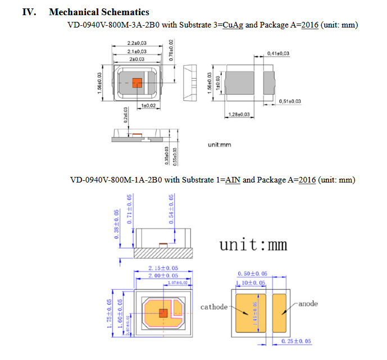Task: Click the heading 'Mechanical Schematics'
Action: pyautogui.click(x=99, y=12)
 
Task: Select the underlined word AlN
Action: pyautogui.click(x=233, y=180)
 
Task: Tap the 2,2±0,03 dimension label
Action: pyautogui.click(x=136, y=43)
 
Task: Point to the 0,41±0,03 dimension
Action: pyautogui.click(x=278, y=53)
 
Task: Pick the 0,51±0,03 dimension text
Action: pyautogui.click(x=290, y=101)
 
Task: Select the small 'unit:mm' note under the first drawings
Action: pyautogui.click(x=219, y=145)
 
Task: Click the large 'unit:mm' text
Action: pyautogui.click(x=253, y=245)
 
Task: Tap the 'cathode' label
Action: pyautogui.click(x=214, y=307)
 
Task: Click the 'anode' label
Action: pyautogui.click(x=308, y=304)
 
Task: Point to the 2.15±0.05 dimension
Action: pyautogui.click(x=163, y=268)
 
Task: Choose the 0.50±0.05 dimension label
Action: pyautogui.click(x=252, y=274)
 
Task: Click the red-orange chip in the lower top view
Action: pyautogui.click(x=164, y=313)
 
